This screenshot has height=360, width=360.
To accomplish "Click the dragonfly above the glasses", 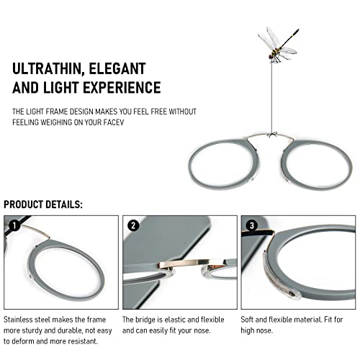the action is pyautogui.click(x=279, y=45).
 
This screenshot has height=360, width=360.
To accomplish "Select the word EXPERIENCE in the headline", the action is pyautogui.click(x=122, y=87).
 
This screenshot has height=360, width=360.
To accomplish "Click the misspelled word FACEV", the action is pyautogui.click(x=114, y=122).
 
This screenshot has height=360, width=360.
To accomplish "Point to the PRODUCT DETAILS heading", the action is pyautogui.click(x=43, y=204).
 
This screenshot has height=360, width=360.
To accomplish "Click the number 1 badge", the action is pyautogui.click(x=14, y=225).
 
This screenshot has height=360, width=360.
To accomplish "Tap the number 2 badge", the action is pyautogui.click(x=133, y=225).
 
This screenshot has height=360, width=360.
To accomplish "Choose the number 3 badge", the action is pyautogui.click(x=252, y=225).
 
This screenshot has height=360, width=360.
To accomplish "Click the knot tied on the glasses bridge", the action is pyautogui.click(x=272, y=135).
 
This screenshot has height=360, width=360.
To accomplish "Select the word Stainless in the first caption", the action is pyautogui.click(x=18, y=320).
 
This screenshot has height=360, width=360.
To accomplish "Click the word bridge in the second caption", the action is pyautogui.click(x=145, y=320).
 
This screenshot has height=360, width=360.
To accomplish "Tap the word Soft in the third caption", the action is pyautogui.click(x=247, y=320).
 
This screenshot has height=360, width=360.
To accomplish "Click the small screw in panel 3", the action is pyautogui.click(x=292, y=293).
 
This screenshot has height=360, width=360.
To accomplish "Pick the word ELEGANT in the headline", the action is pyautogui.click(x=117, y=69).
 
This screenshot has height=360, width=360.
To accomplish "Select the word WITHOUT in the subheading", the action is pyautogui.click(x=183, y=112).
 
